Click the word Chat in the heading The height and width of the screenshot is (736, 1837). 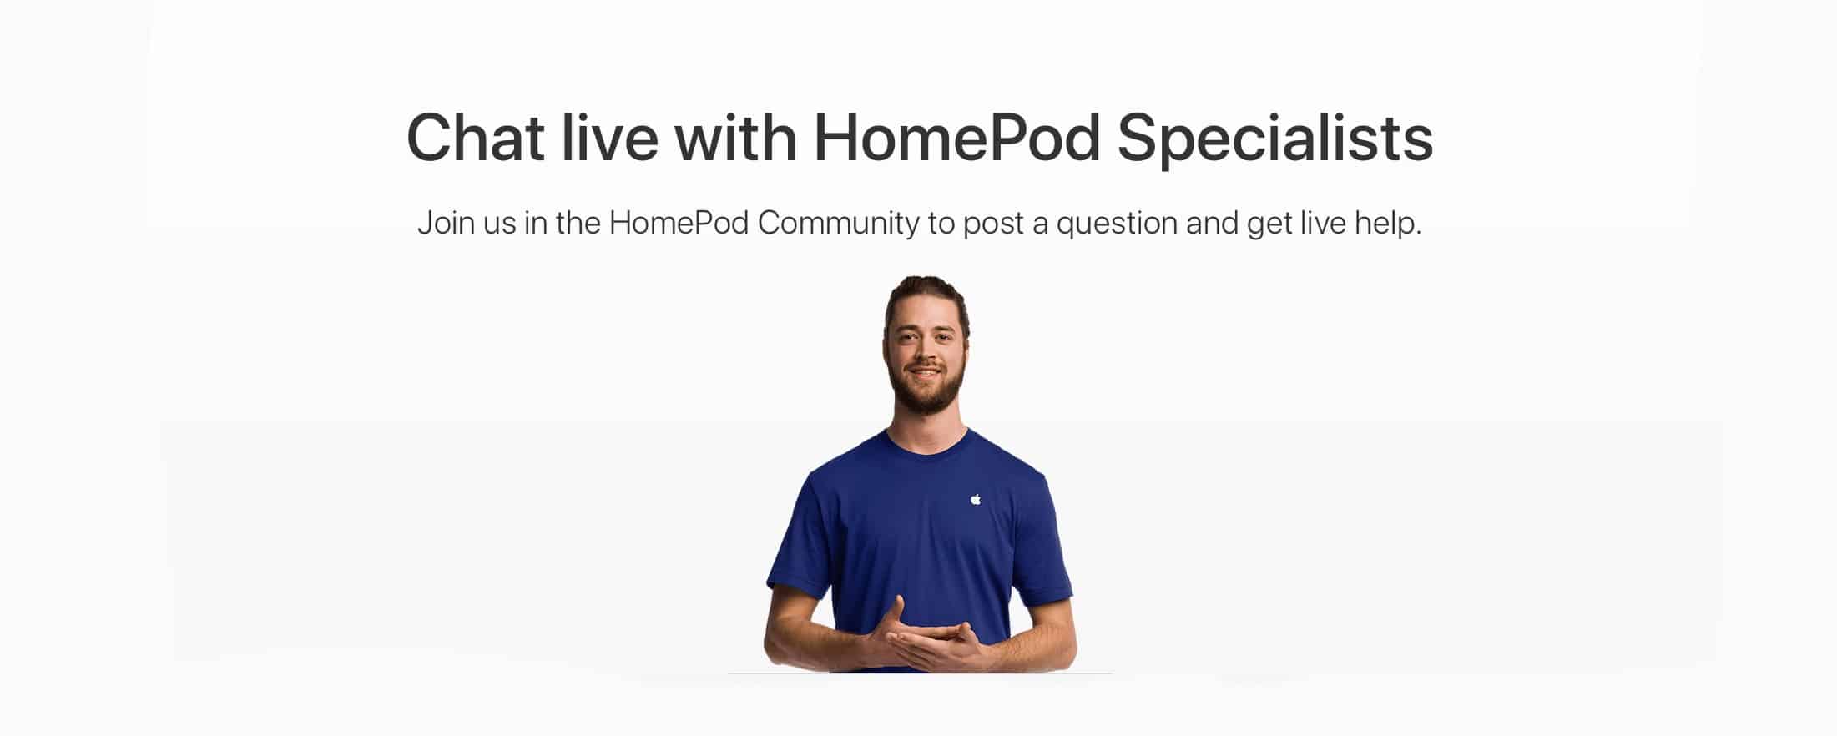click(x=475, y=138)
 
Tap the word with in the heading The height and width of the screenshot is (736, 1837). click(x=735, y=138)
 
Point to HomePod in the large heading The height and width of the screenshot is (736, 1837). click(x=957, y=138)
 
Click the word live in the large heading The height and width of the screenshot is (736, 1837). click(x=609, y=138)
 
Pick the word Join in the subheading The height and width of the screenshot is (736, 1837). click(x=445, y=224)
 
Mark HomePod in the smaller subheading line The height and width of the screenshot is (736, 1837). click(x=679, y=224)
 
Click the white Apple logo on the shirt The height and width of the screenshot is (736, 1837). click(x=976, y=499)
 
